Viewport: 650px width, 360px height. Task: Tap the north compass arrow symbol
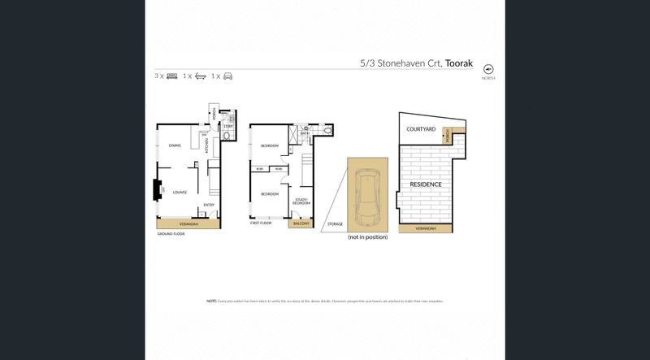488,70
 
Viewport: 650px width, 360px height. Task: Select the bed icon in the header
171,76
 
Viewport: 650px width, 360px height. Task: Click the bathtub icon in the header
199,76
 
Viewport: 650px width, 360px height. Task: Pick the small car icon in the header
227,76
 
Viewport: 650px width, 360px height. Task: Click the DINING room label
175,145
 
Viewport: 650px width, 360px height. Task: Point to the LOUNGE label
180,193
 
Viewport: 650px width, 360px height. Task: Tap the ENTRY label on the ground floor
209,205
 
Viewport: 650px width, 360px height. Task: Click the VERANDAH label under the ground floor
188,223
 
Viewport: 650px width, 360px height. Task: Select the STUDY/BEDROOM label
301,200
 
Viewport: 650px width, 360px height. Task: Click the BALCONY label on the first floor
301,223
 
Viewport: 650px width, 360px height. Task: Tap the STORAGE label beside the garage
334,223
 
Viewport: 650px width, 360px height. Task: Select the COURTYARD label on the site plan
420,129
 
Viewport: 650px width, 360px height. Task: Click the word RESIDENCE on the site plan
425,184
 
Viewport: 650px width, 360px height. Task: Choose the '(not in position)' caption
367,237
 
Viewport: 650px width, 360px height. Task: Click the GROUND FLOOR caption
171,233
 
